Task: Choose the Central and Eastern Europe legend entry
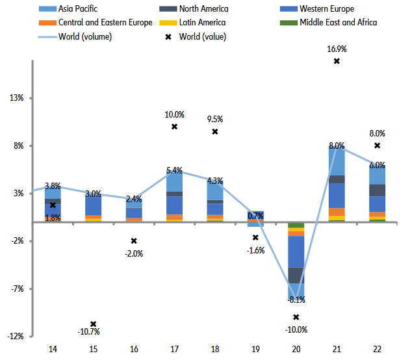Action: coord(105,23)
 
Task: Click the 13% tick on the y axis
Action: coord(16,98)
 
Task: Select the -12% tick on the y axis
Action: coord(15,336)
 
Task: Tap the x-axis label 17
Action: coord(174,350)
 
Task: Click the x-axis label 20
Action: coord(296,350)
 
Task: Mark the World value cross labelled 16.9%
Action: coord(337,61)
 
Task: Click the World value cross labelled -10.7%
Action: coord(94,324)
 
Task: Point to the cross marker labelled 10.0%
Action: coord(174,126)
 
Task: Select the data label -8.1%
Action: coord(296,300)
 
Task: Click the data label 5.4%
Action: coord(174,171)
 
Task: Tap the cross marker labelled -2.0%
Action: coord(134,241)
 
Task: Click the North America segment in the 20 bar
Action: coord(296,276)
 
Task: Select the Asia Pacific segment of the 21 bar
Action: coord(337,161)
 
